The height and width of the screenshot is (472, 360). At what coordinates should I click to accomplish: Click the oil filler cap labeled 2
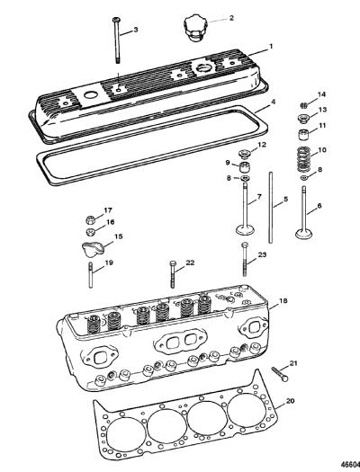click(x=194, y=29)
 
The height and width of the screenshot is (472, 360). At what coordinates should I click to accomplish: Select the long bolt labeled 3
click(x=116, y=40)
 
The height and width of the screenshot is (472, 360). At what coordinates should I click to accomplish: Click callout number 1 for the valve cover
click(x=271, y=47)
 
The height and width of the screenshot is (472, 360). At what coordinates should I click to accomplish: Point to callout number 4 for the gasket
click(x=273, y=102)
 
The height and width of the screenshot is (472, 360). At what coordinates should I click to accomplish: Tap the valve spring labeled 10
click(x=303, y=158)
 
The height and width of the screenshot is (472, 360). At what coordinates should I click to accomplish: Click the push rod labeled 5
click(x=271, y=208)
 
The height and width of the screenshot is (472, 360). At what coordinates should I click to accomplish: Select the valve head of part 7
click(x=245, y=230)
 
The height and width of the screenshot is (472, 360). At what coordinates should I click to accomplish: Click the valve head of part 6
click(x=304, y=234)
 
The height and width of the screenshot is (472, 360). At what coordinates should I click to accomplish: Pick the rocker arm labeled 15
click(x=93, y=249)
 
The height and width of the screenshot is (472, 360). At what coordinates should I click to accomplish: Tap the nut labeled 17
click(x=90, y=219)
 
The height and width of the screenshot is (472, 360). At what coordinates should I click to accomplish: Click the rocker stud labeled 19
click(x=90, y=275)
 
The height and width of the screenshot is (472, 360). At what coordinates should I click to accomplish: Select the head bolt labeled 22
click(x=172, y=274)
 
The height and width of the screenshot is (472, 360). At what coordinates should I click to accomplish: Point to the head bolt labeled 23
click(x=245, y=260)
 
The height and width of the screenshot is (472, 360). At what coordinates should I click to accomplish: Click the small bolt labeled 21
click(x=280, y=374)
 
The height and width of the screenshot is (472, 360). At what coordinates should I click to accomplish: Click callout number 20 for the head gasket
click(x=290, y=401)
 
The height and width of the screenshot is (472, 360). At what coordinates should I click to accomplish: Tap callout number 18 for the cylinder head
click(x=283, y=300)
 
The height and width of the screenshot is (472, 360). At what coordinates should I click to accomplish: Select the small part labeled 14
click(x=304, y=106)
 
